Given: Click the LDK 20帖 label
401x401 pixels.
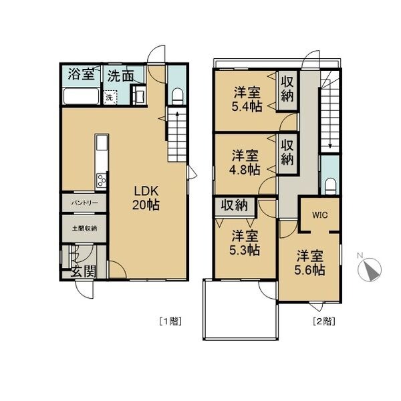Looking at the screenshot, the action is tap(146, 198).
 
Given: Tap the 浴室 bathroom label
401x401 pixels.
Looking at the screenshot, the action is tap(81, 74).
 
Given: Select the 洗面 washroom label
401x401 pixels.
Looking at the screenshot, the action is tap(120, 76).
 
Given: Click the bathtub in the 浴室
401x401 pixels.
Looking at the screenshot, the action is tap(82, 96).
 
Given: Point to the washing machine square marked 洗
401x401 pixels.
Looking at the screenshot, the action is tap(110, 97).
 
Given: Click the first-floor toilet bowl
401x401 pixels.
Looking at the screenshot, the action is tap(177, 96).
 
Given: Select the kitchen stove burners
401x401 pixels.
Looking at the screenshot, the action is tap(102, 180).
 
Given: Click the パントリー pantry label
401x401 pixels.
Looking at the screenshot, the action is tap(84, 203).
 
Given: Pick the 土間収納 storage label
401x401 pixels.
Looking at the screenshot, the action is tap(84, 228).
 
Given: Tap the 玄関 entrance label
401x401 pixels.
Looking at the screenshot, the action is tap(84, 271).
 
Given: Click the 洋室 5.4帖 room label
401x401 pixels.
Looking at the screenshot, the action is tap(247, 99).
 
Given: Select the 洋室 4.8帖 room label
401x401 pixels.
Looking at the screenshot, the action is tap(245, 162).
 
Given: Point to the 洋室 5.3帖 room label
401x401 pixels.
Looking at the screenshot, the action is tap(245, 243).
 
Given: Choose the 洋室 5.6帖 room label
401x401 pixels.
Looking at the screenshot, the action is tap(309, 263).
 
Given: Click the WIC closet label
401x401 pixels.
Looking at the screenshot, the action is tap(319, 215).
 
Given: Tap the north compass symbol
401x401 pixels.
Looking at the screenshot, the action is tap(370, 269).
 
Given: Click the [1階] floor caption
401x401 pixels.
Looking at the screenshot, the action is tap(170, 321).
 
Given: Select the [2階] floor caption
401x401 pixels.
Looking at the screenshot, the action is tap(324, 321).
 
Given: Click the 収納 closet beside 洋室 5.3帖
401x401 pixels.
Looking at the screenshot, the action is tap(235, 205).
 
